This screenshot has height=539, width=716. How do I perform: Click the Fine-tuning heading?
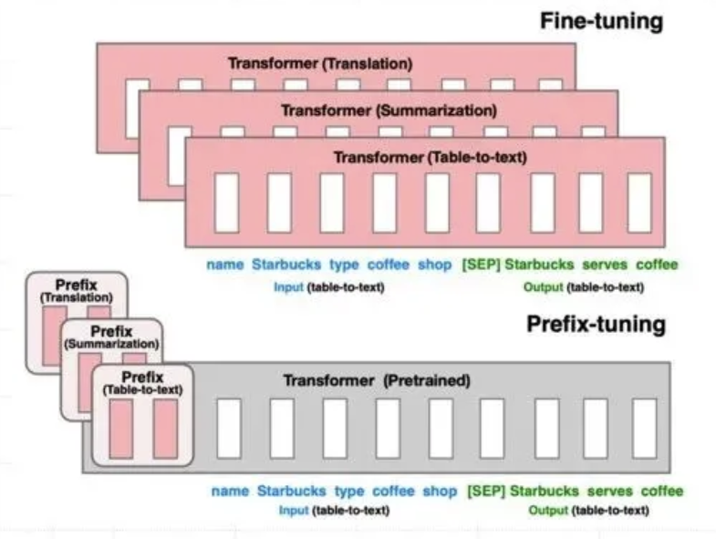[x=601, y=21]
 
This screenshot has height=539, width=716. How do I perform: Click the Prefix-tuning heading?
[x=596, y=324]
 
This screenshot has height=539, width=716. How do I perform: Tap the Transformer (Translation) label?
[x=320, y=63]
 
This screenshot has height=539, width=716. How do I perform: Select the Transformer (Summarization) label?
[x=389, y=110]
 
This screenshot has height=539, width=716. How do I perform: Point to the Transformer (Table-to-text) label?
[x=431, y=157]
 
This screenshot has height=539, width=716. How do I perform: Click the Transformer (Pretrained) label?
[x=377, y=380]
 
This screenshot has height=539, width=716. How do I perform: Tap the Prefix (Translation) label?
[x=77, y=291]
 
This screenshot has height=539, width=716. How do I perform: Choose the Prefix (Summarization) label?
[x=111, y=337]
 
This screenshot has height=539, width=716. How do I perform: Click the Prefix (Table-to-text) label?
[x=142, y=383]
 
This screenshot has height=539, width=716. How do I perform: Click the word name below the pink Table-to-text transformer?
[x=224, y=264]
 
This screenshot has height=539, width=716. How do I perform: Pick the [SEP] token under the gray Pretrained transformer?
[x=486, y=491]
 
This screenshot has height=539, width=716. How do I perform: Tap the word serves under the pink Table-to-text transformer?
[x=605, y=264]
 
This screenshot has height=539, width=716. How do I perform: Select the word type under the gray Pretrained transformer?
[x=349, y=491]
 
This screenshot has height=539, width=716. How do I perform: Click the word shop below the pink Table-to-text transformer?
[x=435, y=264]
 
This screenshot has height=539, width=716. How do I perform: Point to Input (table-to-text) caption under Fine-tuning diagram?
[x=328, y=287]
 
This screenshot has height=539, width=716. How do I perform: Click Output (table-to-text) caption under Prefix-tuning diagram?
[x=588, y=510]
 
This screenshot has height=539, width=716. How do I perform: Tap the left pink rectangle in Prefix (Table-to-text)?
[x=121, y=429]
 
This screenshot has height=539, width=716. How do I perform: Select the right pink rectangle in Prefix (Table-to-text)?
[x=165, y=429]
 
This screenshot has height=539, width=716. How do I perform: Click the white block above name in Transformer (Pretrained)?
[x=229, y=429]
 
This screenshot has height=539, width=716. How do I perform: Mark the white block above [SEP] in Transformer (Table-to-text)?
[x=488, y=202]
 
